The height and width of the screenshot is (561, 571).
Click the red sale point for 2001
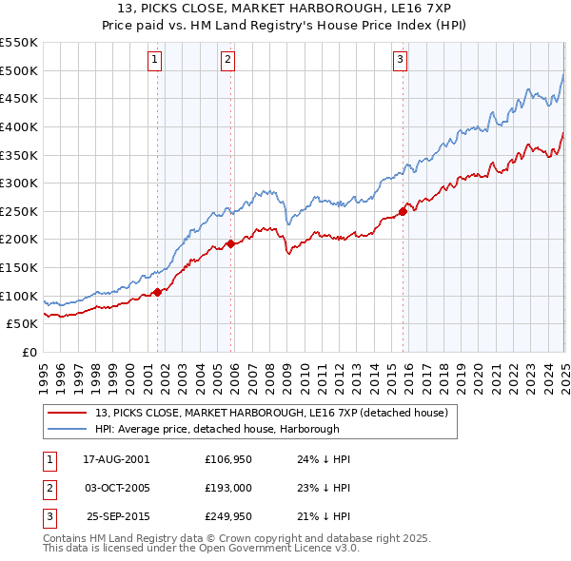click(158, 292)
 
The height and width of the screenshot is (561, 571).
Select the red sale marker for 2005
click(231, 243)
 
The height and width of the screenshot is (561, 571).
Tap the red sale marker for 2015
click(403, 211)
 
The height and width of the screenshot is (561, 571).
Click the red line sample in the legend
click(67, 413)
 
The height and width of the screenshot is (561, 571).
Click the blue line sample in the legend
click(67, 428)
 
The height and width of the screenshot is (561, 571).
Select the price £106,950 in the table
click(226, 458)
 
